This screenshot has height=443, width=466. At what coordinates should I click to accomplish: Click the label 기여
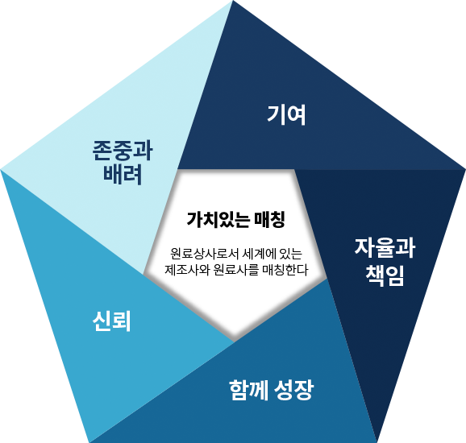pos(286,115)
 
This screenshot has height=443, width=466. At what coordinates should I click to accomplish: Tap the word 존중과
pos(123,151)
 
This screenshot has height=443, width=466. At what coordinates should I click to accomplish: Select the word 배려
pos(123,175)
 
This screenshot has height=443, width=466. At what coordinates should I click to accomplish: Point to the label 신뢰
pos(112,321)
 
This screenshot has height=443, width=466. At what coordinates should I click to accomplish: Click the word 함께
pos(249,390)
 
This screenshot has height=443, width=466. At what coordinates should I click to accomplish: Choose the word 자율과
pos(385,248)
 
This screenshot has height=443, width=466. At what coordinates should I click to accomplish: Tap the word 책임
pos(385,275)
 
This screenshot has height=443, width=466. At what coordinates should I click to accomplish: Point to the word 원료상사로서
pos(205,254)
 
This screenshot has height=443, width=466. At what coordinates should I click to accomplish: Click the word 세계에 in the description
pos(260,254)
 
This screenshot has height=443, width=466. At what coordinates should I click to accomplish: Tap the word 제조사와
pos(187,270)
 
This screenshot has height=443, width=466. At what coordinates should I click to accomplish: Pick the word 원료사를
pos(236,270)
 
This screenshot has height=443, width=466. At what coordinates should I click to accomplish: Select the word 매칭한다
pos(285,270)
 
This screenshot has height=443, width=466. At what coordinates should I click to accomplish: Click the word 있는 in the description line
pos(291,254)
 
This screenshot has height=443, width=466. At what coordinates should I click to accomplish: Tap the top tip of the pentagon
pos(233,1)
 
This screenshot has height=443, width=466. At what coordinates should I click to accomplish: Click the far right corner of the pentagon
pos(465,169)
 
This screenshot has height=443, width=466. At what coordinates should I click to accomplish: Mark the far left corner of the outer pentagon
pos(1,169)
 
